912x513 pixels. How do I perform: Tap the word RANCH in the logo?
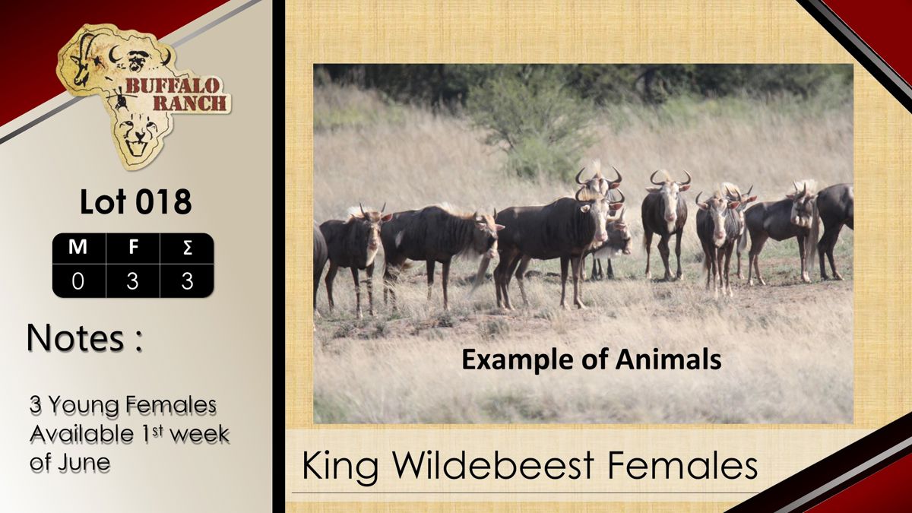point(190,103)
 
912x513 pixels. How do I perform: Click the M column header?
point(78,247)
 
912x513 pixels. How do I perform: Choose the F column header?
point(133,247)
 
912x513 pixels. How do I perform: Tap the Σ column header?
point(187,248)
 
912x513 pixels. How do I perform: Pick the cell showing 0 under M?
point(78,281)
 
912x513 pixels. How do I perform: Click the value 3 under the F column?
point(132,281)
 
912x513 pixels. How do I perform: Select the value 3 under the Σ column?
point(187,281)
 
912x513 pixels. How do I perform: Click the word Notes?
point(75,337)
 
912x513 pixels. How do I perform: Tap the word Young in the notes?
point(86,406)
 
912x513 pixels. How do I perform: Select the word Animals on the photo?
point(668,360)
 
